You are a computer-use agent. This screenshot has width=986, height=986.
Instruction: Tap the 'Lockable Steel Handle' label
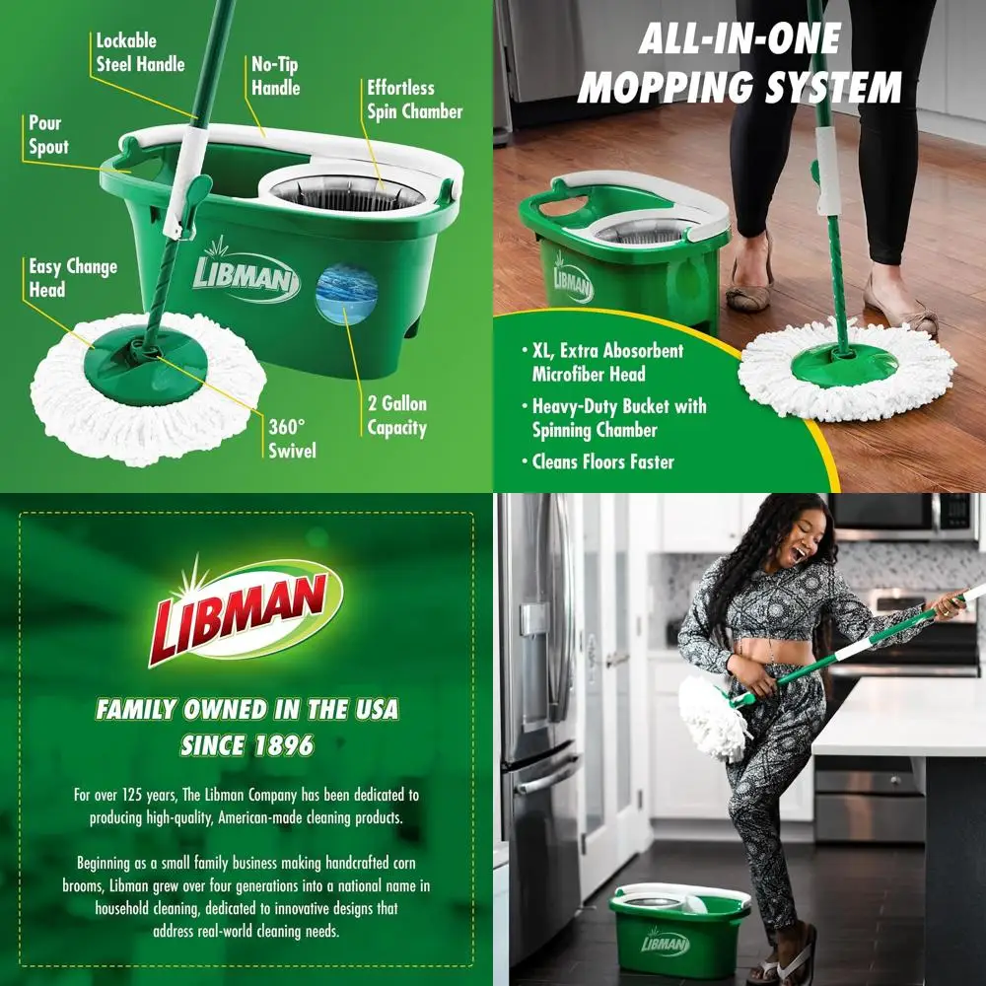click(x=140, y=52)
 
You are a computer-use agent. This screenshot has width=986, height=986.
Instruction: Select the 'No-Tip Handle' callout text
click(x=276, y=76)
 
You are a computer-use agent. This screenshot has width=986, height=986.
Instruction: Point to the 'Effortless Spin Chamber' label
click(x=414, y=100)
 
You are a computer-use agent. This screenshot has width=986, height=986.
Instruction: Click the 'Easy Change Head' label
click(x=72, y=278)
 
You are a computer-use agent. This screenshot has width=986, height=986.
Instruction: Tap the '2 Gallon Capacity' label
click(x=397, y=416)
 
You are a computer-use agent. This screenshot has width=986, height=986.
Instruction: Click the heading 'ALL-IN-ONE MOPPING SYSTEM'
click(x=739, y=64)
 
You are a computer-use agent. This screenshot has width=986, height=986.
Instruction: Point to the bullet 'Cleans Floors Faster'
click(x=603, y=460)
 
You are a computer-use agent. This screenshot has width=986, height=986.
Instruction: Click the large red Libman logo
click(x=246, y=607)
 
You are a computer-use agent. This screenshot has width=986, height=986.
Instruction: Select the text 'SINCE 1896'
click(x=246, y=745)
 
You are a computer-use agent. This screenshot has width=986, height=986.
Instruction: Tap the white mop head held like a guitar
click(x=712, y=718)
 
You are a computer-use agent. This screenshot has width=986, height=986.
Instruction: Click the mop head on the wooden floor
click(x=846, y=371)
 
